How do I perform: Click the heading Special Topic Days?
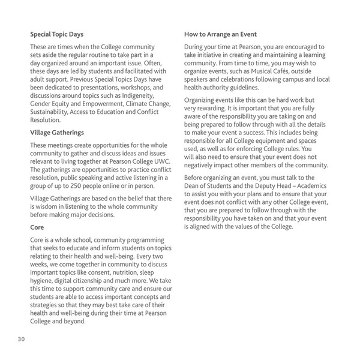tap(58, 35)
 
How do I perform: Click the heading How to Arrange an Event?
tap(223, 35)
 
